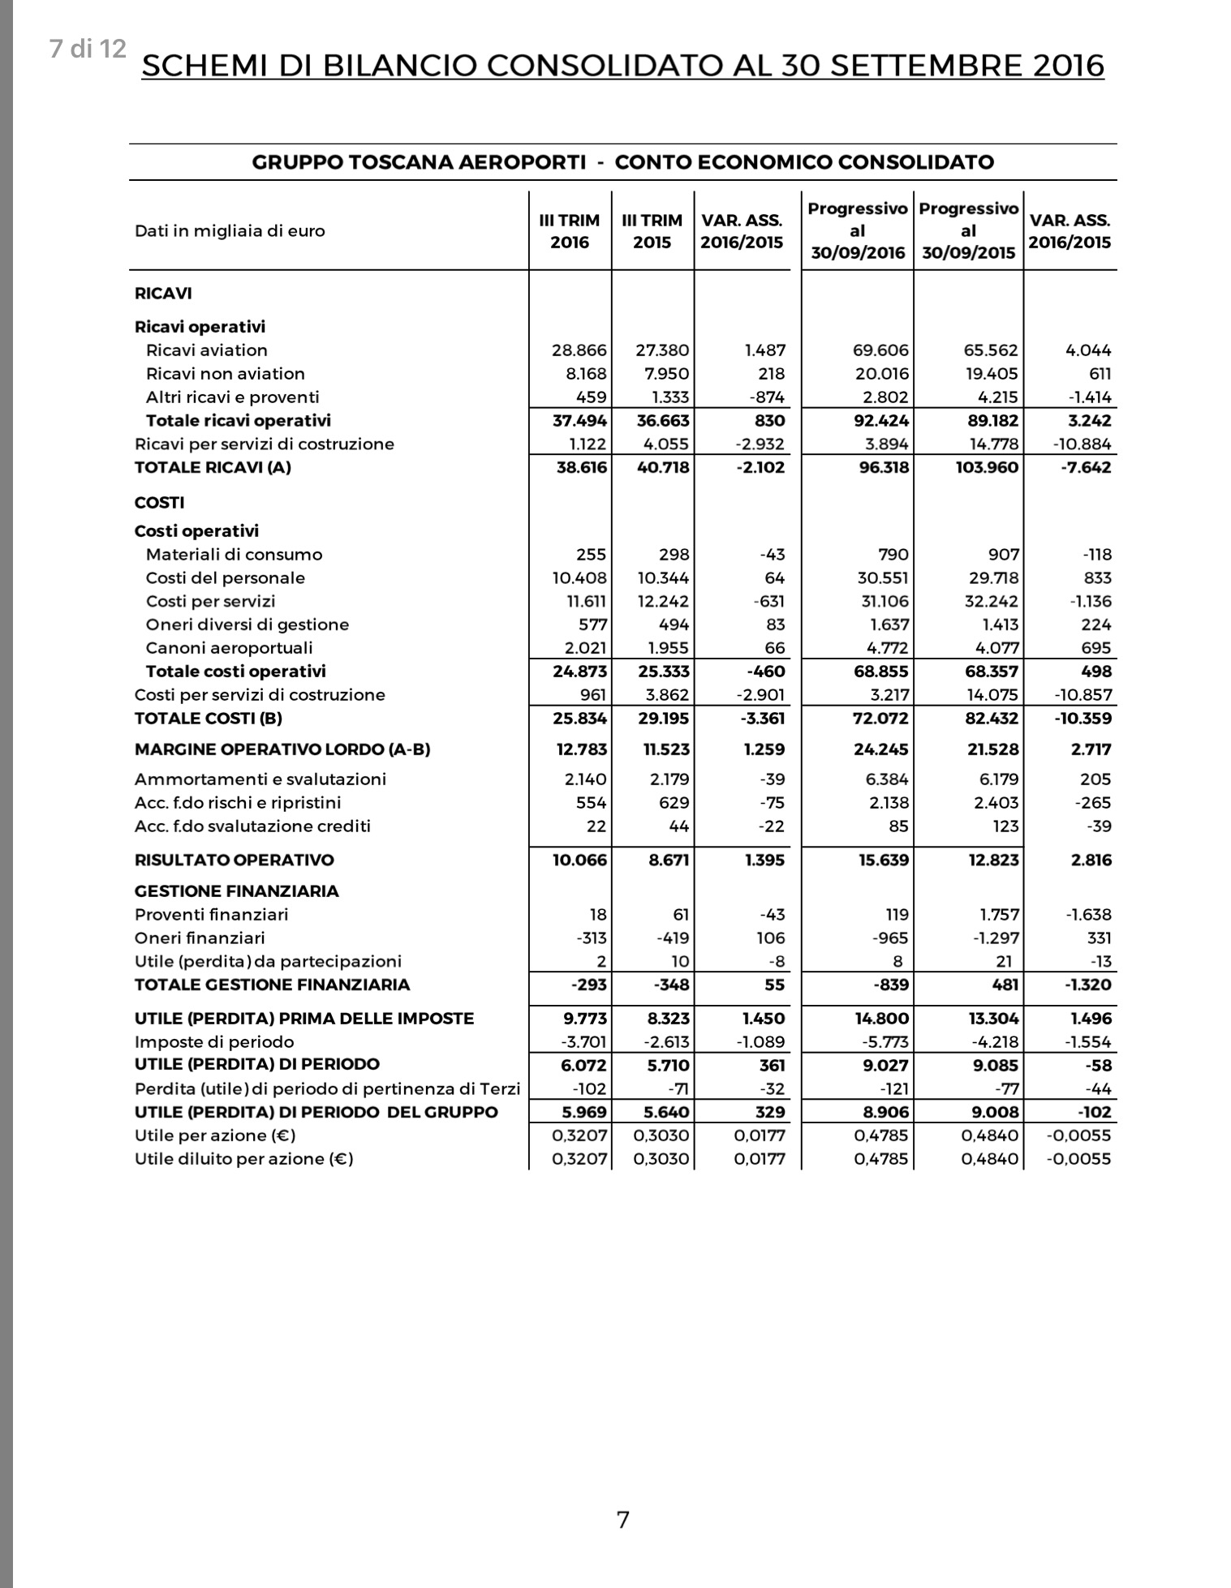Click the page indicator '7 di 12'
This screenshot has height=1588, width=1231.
pos(88,49)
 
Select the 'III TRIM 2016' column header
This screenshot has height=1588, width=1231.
pos(570,231)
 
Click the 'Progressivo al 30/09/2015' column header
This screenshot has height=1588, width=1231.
pos(968,231)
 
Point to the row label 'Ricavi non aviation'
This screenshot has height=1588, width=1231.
pos(225,374)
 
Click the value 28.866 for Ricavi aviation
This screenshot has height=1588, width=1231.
pos(579,350)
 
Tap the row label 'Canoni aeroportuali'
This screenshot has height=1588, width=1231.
pos(229,648)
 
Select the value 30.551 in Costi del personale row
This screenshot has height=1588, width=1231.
pos(881,578)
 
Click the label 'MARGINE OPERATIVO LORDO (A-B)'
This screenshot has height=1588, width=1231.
pos(282,749)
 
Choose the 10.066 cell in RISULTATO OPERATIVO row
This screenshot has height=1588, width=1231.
pos(579,860)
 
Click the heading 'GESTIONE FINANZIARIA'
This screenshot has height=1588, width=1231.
pos(236,891)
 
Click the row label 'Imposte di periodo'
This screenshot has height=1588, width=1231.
pos(214,1042)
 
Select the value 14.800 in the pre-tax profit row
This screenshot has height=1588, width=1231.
pos(881,1019)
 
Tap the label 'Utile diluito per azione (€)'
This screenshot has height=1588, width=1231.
pos(243,1159)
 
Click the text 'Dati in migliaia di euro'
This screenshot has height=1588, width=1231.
pos(230,231)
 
